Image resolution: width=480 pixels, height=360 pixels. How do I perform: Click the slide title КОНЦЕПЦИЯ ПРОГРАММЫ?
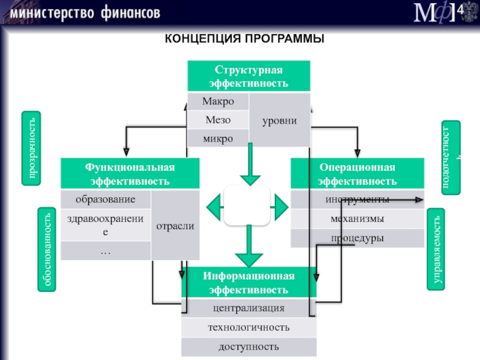point(244,39)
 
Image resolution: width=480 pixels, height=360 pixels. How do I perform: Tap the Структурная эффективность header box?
point(249,76)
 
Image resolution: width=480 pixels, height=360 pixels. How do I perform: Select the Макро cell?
point(218,101)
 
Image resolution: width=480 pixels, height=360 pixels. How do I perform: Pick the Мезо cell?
point(218,119)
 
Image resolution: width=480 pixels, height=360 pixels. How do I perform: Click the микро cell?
point(218,139)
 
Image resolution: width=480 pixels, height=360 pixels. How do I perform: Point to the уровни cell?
point(280,121)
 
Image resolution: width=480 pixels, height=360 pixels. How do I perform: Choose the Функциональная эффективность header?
point(130,173)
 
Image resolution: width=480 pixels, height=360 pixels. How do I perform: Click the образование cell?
point(106,199)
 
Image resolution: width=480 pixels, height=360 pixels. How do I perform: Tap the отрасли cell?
point(175,226)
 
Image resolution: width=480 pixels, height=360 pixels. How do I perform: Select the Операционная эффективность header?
point(357,173)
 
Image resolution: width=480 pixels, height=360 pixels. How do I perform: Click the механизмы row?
point(357,219)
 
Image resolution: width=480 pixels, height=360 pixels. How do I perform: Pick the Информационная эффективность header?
point(249,282)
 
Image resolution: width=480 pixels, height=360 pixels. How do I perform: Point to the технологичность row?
point(249,327)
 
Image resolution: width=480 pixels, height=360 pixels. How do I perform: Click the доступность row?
point(249,347)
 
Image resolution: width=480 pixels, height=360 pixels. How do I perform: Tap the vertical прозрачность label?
point(31,148)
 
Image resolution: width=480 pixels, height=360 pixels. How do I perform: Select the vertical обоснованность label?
point(47,249)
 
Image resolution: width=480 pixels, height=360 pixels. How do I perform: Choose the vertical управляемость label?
point(436,249)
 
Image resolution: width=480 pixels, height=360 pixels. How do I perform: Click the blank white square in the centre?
point(247,205)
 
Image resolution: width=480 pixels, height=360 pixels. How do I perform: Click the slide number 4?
point(460,10)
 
